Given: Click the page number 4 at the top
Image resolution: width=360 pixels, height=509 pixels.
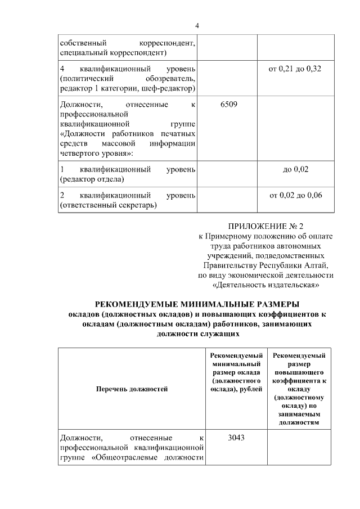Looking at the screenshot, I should (x=197, y=25).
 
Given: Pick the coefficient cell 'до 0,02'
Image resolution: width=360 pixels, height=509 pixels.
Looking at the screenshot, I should (x=296, y=169).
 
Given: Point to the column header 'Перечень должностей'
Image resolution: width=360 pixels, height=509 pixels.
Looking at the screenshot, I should (x=132, y=388).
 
